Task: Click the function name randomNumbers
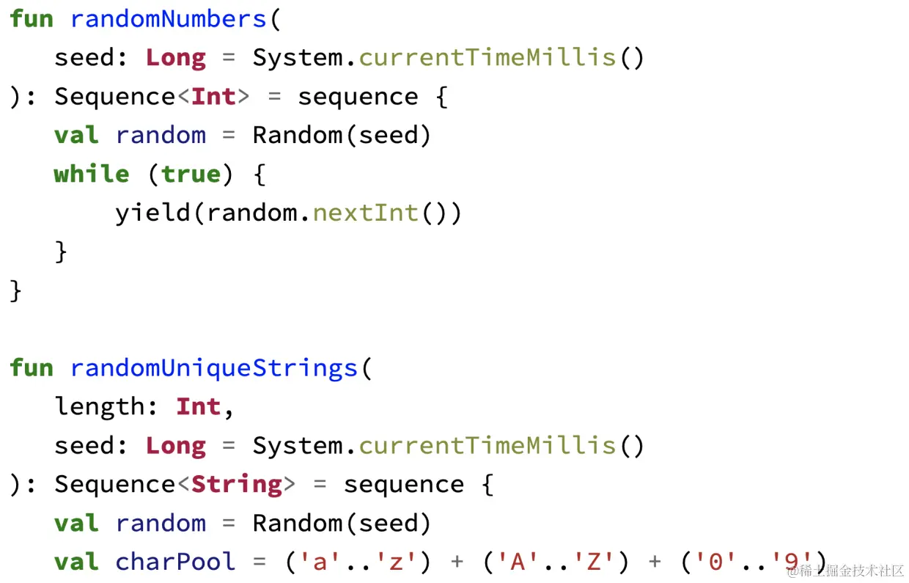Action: pos(169,19)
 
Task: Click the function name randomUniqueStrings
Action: pos(214,367)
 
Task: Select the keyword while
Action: pos(92,174)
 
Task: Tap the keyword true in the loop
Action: pos(191,174)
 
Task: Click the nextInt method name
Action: pos(365,213)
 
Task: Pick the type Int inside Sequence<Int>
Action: pos(214,97)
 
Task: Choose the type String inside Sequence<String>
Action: pos(237,484)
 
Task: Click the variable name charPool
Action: pos(176,562)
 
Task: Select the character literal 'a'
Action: pos(320,562)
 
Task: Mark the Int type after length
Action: pos(199,406)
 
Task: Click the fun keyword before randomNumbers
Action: pos(32,19)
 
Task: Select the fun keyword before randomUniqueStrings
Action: pos(32,367)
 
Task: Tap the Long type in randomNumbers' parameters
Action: pos(176,58)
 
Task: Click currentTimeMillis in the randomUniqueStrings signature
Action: pos(487,445)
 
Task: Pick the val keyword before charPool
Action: pos(76,562)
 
